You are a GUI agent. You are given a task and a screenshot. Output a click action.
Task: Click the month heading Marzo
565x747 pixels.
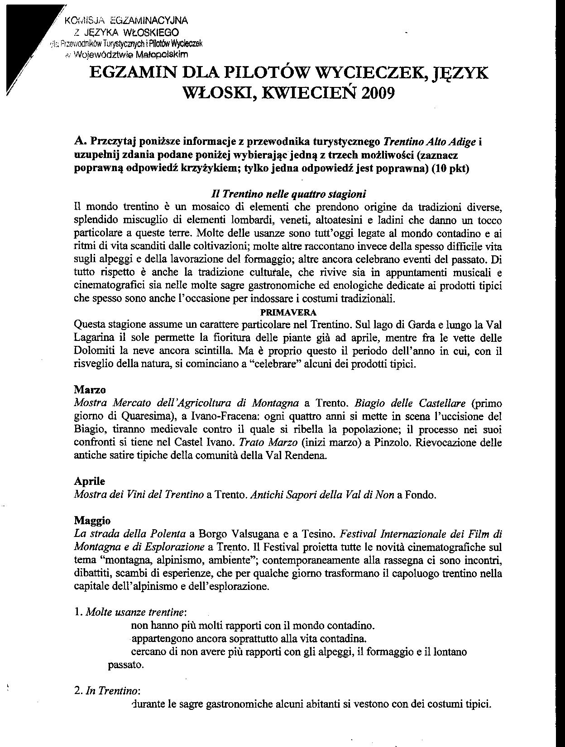[87, 389]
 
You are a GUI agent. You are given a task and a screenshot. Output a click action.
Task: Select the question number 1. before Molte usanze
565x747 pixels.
[77, 613]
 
